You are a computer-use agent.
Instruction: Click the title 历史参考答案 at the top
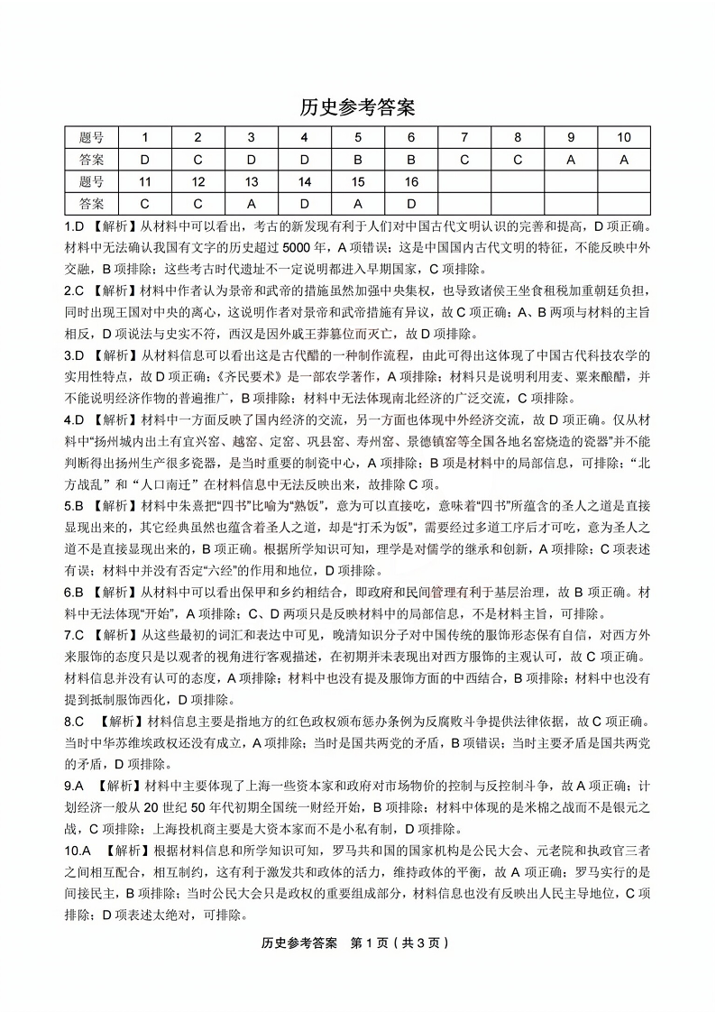(357, 108)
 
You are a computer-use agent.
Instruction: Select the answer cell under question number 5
(357, 160)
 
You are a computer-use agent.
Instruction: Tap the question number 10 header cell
(623, 138)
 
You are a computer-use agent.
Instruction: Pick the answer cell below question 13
(251, 204)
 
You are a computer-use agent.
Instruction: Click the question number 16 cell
(410, 182)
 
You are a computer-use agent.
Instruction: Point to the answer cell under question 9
(570, 160)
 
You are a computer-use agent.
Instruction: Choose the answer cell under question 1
(144, 160)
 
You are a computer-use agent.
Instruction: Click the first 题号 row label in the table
(91, 138)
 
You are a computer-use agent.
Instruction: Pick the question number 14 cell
(304, 182)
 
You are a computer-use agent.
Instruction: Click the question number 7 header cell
(464, 138)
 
